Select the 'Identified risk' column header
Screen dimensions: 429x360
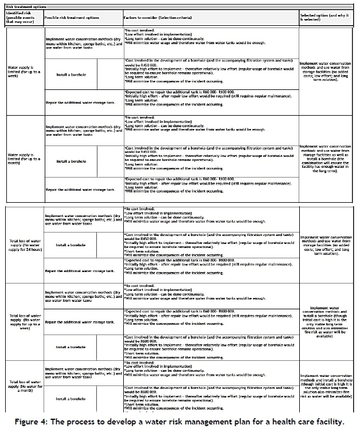click(22, 16)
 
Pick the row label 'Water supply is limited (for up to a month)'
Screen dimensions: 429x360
click(22, 157)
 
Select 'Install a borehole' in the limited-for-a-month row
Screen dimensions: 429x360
click(71, 162)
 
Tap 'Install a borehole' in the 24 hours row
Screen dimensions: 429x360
click(71, 245)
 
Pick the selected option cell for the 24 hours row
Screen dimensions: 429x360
click(325, 244)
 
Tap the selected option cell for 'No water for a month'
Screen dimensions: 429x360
click(325, 385)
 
